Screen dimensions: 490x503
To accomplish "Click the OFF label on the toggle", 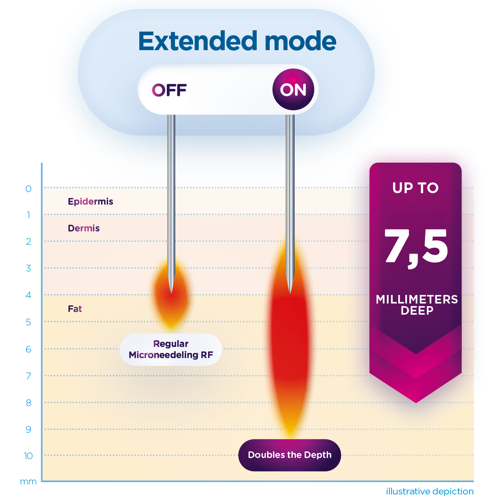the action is [169, 90].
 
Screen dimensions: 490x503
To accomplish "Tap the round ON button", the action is [293, 90].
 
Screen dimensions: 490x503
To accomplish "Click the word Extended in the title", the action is [198, 41].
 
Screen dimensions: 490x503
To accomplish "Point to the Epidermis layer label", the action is [90, 201].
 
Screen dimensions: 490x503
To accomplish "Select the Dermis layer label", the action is [84, 228].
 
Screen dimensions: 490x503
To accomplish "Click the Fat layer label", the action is [75, 309].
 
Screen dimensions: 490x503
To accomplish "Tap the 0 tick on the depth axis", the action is [29, 189].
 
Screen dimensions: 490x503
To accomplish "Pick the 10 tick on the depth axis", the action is [29, 456].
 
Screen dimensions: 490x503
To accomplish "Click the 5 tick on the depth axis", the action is [29, 322].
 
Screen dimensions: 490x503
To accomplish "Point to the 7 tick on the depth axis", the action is [29, 376].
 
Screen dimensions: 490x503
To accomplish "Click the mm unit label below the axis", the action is [28, 481].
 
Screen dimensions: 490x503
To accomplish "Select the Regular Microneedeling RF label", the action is [171, 349].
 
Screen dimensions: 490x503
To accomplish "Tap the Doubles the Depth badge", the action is [289, 455].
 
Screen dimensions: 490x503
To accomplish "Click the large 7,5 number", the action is [416, 248].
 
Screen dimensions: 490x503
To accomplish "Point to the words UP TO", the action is [415, 188].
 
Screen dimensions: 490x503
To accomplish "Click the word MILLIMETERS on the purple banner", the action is [416, 299].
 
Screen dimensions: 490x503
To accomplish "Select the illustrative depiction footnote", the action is [429, 491].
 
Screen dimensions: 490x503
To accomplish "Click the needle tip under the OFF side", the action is [171, 293].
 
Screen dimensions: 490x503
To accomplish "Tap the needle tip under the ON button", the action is [290, 293].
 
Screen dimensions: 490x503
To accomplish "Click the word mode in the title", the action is [300, 41].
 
